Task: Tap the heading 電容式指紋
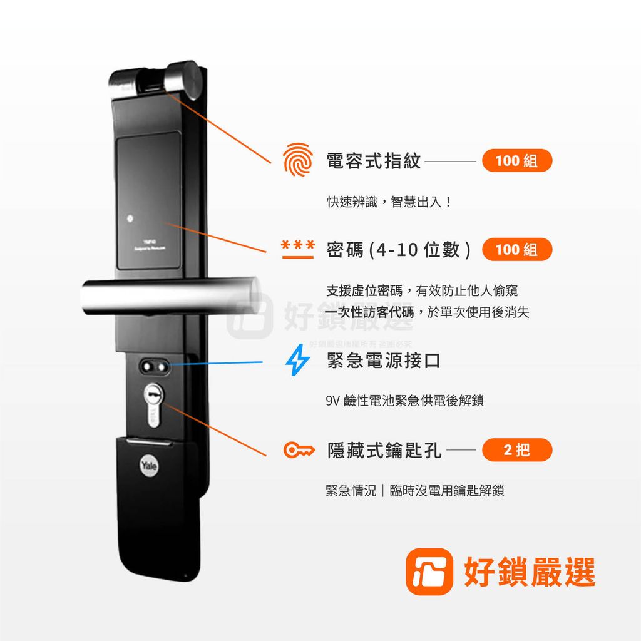(x=374, y=161)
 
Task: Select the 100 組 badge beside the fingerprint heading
(x=516, y=161)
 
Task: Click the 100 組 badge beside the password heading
(x=516, y=249)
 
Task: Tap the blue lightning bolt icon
(x=297, y=361)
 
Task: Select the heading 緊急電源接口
(x=384, y=361)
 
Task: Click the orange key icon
(x=299, y=449)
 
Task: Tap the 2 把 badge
(x=516, y=449)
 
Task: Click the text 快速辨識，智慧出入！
(x=388, y=202)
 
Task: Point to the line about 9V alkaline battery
(x=404, y=401)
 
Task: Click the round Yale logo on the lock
(x=149, y=466)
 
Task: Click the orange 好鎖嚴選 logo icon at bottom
(x=429, y=572)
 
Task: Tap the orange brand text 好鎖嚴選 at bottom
(x=529, y=572)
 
